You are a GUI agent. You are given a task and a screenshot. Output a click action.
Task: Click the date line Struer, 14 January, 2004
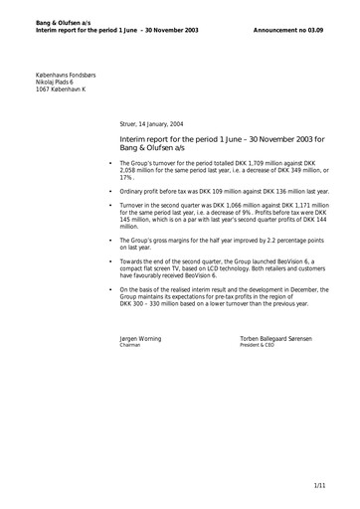tap(160, 125)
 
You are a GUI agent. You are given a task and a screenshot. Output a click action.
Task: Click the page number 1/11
tap(319, 484)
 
